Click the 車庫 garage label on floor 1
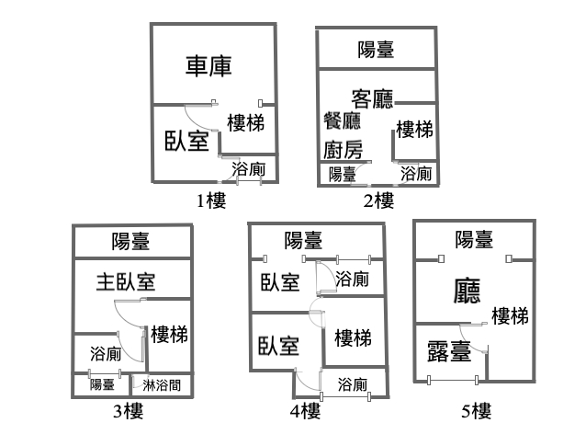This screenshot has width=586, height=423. [x=208, y=66]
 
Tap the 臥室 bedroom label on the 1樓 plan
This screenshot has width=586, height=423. [x=186, y=141]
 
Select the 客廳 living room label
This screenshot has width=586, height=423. [x=372, y=98]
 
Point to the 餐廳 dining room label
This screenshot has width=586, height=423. [x=342, y=120]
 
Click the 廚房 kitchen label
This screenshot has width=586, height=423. [x=343, y=150]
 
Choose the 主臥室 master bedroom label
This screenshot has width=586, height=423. [x=126, y=282]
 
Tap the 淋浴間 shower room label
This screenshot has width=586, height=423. [x=162, y=385]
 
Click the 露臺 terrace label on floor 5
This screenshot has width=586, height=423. [x=449, y=351]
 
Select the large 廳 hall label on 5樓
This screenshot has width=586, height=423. [x=467, y=291]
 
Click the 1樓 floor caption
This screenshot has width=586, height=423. [x=211, y=200]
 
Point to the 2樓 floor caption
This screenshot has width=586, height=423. [x=378, y=200]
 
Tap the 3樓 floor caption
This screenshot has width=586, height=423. [x=129, y=411]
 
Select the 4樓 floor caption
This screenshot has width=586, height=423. [x=305, y=411]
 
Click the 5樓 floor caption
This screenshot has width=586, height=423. [x=476, y=411]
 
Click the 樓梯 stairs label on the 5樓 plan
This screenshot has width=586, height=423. [x=510, y=316]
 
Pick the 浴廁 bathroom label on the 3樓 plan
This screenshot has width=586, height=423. [x=106, y=353]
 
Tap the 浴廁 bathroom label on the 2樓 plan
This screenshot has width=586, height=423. [x=416, y=174]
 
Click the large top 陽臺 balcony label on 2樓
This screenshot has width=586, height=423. [x=376, y=50]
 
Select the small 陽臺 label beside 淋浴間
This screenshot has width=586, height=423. [x=102, y=384]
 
